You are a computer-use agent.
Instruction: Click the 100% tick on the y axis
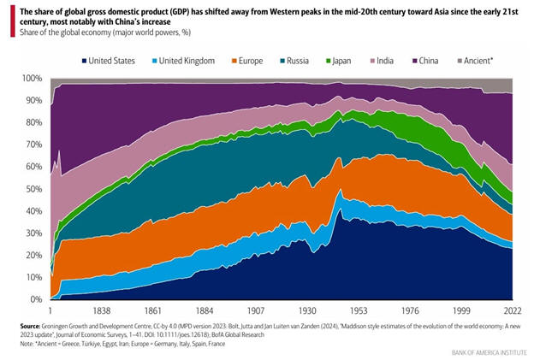(x=32, y=79)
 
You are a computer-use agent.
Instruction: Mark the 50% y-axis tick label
(x=33, y=189)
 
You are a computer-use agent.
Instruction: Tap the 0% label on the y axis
(x=36, y=299)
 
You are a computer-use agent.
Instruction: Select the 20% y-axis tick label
(x=33, y=255)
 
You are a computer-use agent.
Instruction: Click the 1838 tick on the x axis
(x=100, y=310)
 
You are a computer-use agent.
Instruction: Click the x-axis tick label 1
(x=50, y=310)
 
